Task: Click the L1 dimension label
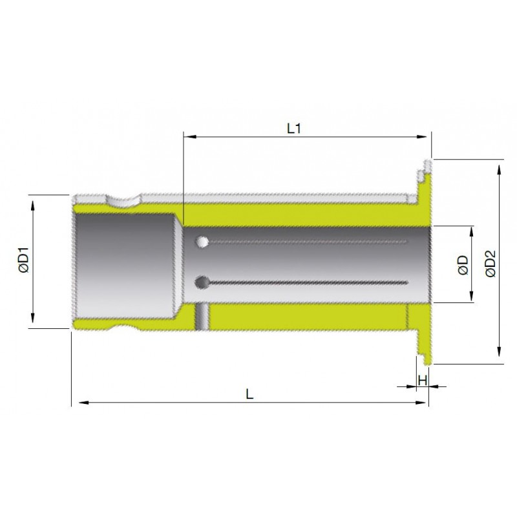294,129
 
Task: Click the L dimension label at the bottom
249,394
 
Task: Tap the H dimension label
423,380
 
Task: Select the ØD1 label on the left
24,260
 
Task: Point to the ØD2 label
491,264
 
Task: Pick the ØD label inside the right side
463,265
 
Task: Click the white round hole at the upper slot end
202,242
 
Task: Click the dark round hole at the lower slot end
202,282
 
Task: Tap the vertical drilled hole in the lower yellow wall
202,316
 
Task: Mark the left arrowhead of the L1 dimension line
189,136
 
